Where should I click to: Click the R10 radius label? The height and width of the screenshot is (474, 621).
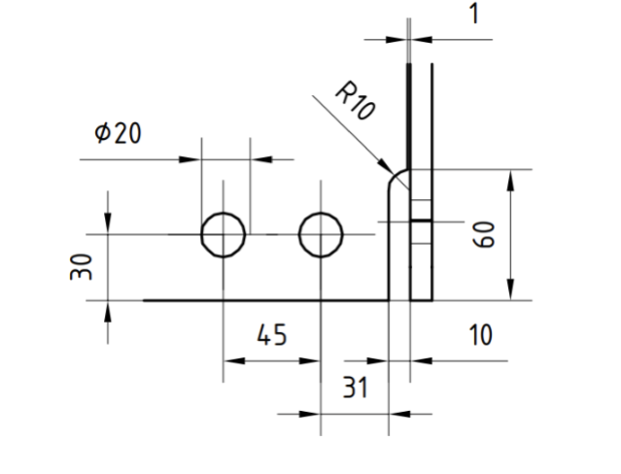pyautogui.click(x=356, y=100)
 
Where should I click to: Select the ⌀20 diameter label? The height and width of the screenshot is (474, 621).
pyautogui.click(x=118, y=133)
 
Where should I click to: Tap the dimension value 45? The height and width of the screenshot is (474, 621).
pyautogui.click(x=272, y=335)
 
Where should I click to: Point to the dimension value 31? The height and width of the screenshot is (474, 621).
pyautogui.click(x=356, y=387)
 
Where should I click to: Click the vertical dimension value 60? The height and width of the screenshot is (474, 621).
pyautogui.click(x=484, y=235)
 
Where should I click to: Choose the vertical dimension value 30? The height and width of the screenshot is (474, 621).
pyautogui.click(x=81, y=267)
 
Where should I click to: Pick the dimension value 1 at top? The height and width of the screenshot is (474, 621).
pyautogui.click(x=474, y=14)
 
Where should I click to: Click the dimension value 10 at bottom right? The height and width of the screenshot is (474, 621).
pyautogui.click(x=480, y=335)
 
